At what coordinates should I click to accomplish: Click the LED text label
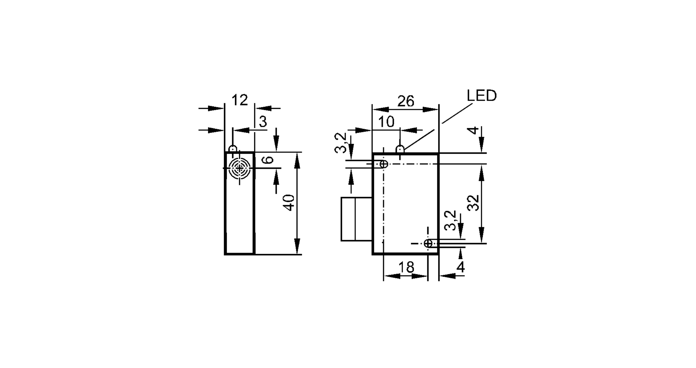click(x=482, y=96)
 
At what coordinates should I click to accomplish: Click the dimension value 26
click(x=406, y=101)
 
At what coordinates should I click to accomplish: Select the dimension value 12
click(x=239, y=100)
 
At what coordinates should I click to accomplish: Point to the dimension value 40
click(x=290, y=203)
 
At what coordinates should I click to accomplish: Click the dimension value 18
click(x=406, y=267)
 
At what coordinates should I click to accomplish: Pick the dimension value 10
click(x=386, y=122)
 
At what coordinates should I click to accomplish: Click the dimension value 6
click(x=268, y=160)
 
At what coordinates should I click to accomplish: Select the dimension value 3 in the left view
click(x=263, y=122)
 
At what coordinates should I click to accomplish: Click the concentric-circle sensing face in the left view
click(x=239, y=168)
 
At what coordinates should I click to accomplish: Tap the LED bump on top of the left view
click(x=232, y=149)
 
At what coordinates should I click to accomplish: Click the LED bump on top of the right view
click(x=400, y=149)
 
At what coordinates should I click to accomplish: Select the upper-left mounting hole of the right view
click(x=383, y=164)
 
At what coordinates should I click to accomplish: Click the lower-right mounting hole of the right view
click(x=428, y=243)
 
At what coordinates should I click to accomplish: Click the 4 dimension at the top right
click(x=473, y=130)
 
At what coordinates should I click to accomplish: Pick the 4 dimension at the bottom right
click(x=460, y=267)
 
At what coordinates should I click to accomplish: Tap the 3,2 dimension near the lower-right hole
click(x=450, y=220)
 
